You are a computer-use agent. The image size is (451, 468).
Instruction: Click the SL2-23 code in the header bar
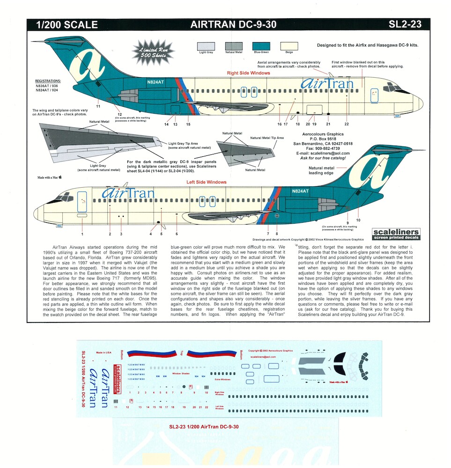(405, 25)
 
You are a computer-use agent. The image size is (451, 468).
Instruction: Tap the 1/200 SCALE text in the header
(62, 25)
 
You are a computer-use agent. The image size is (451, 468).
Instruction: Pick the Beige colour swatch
(289, 46)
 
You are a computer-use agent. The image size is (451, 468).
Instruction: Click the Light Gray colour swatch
(206, 46)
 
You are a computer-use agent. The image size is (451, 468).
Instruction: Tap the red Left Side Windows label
(207, 182)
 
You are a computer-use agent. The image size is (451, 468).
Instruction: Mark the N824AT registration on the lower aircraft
(300, 191)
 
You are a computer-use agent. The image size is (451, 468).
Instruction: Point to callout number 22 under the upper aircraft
(347, 124)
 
